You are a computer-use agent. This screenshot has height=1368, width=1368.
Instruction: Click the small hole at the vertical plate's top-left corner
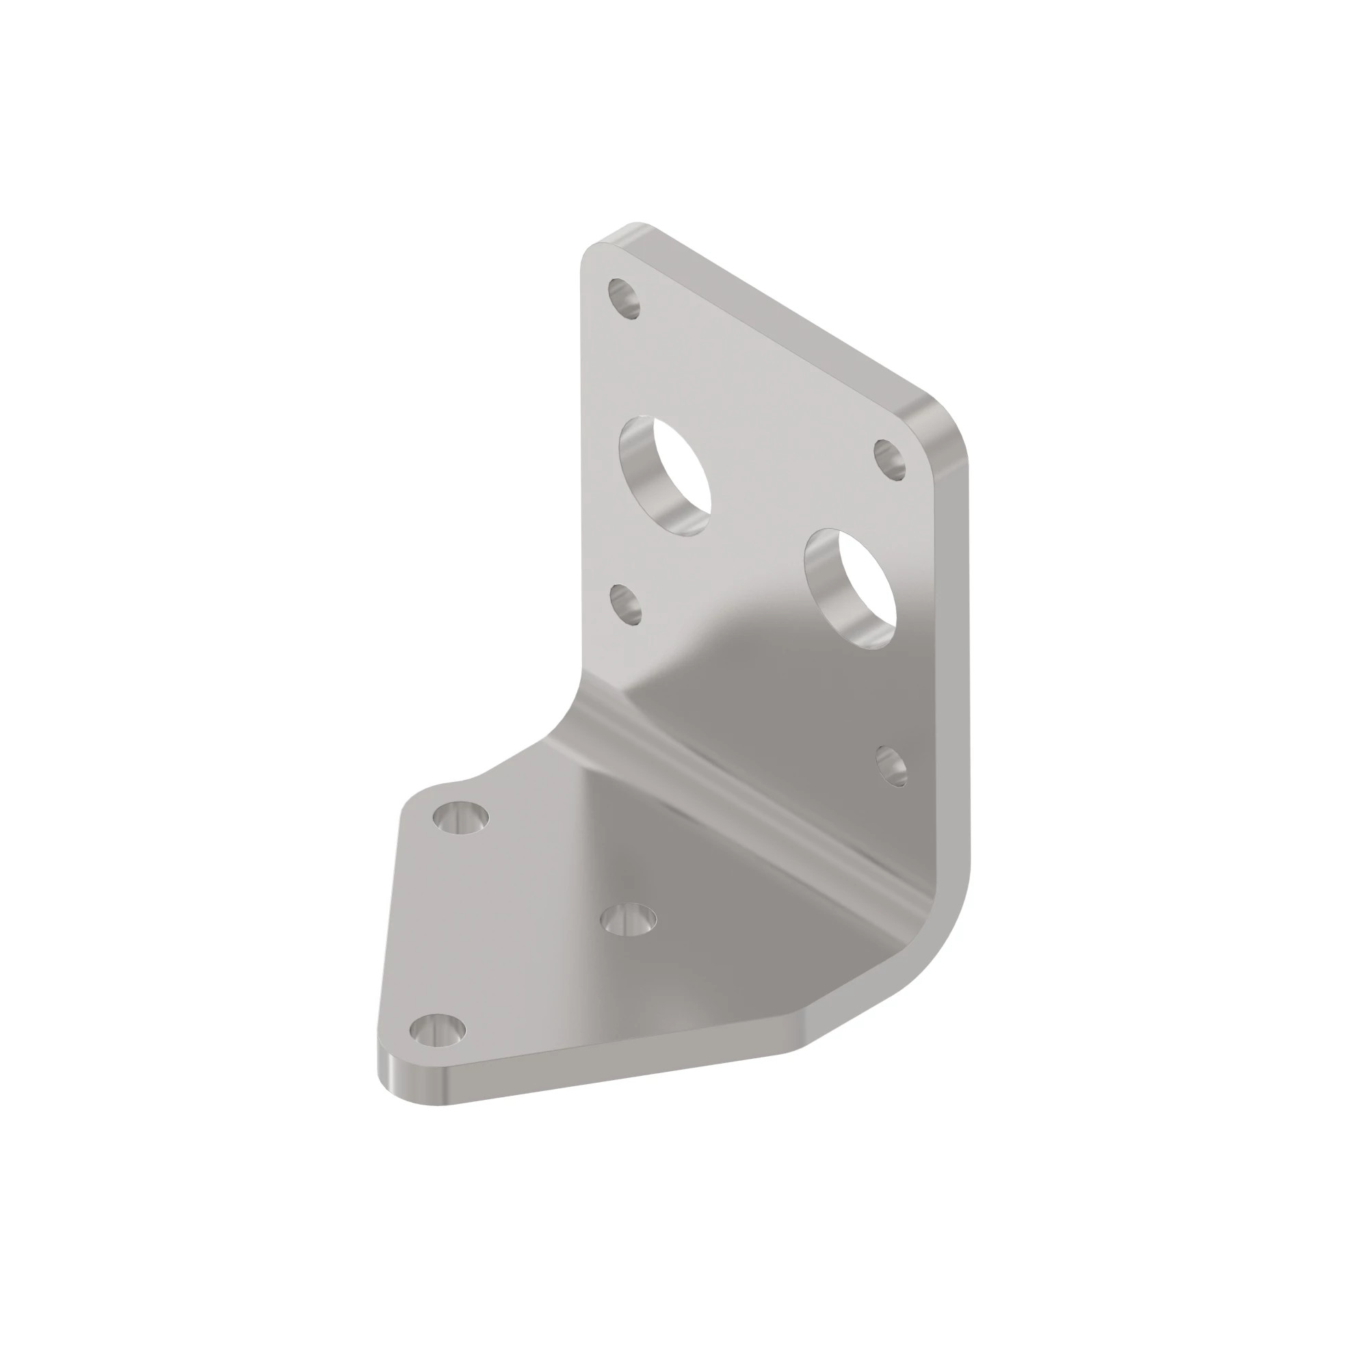(x=624, y=298)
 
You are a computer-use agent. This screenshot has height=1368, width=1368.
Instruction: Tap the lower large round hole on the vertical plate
(x=851, y=588)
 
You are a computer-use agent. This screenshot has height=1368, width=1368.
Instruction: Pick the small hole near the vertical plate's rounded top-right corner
(x=890, y=459)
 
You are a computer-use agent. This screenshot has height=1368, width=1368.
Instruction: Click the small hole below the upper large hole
(x=626, y=604)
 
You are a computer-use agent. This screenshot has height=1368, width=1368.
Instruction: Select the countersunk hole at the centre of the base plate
(x=627, y=919)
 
